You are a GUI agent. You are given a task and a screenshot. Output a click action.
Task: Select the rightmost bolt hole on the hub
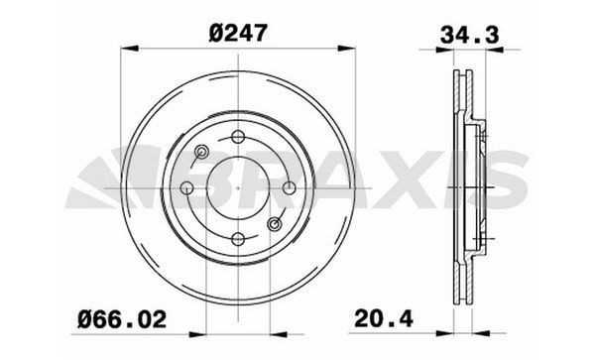[288, 187]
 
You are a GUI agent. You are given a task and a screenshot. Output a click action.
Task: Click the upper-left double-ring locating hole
[201, 152]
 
